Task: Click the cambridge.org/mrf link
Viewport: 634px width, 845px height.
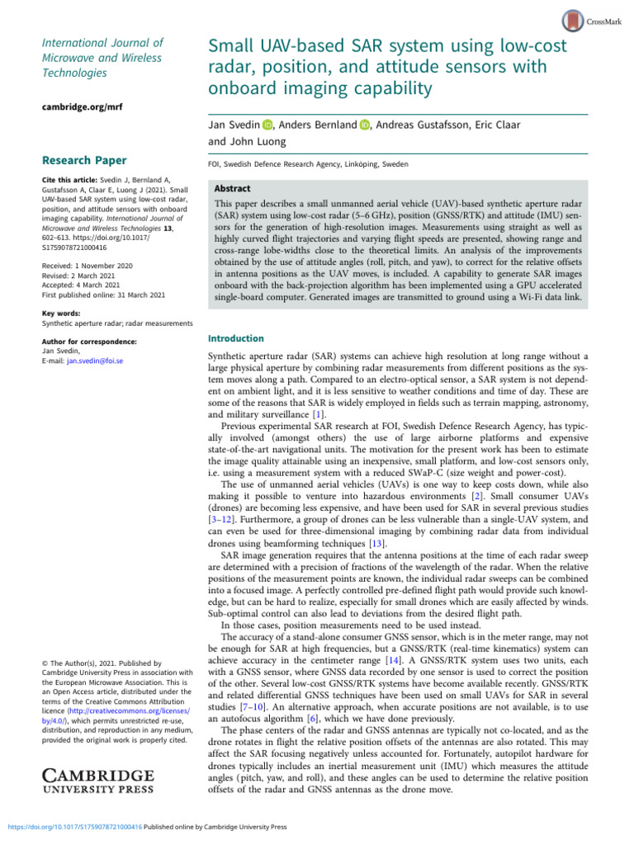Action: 78,106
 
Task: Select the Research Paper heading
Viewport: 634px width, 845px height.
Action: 84,159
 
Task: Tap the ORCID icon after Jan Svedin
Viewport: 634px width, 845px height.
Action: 267,125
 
